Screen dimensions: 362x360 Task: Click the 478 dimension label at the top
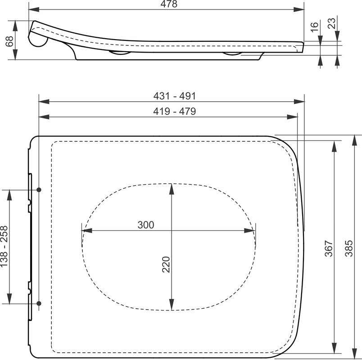tap(169, 4)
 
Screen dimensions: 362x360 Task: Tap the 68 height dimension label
tap(9, 41)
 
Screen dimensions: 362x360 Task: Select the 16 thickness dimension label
tap(314, 27)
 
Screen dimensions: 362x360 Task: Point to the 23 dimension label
tap(331, 23)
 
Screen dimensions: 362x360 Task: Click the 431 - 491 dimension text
tap(175, 96)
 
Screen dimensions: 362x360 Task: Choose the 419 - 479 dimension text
tap(175, 111)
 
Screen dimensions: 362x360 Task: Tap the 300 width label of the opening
tap(146, 225)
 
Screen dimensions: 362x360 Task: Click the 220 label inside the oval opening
tap(166, 265)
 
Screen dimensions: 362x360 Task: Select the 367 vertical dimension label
tap(329, 248)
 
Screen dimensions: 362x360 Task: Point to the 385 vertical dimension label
tap(349, 248)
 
